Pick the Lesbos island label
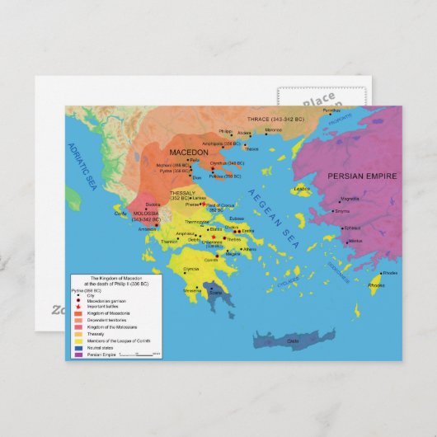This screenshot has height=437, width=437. pos(303,188)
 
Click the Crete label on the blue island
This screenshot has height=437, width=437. pos(292,341)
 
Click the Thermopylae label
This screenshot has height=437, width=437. pos(198,222)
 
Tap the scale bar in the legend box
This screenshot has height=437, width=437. pos(140,354)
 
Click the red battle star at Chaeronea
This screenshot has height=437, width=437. pos(214,238)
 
